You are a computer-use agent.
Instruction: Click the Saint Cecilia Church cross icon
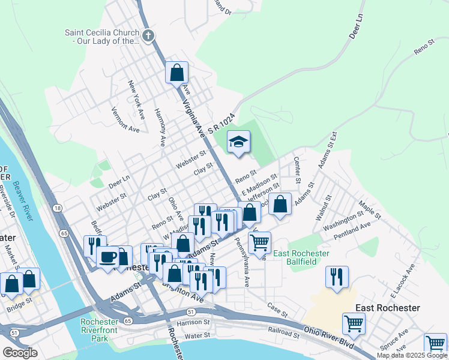click(148, 37)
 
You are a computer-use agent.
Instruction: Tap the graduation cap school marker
click(238, 142)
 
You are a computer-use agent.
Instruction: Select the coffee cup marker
click(107, 257)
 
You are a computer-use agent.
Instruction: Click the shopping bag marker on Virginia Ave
click(177, 73)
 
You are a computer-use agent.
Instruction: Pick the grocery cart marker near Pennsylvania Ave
click(259, 243)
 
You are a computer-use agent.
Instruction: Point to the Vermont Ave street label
click(125, 119)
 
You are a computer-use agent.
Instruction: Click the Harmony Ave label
click(160, 127)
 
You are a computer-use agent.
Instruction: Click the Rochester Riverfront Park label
click(103, 330)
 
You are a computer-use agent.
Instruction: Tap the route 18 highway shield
click(57, 208)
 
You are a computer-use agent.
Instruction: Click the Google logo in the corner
click(20, 353)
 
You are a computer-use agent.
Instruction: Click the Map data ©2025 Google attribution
click(411, 355)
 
